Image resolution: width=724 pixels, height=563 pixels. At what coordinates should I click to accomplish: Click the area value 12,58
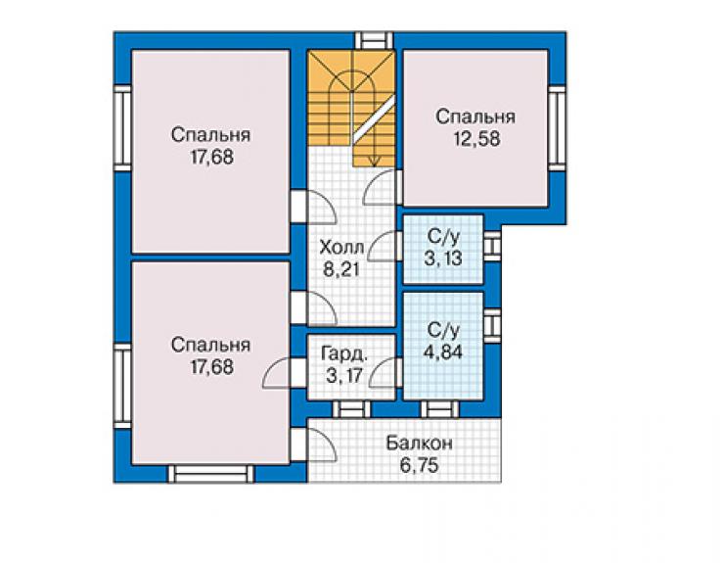(476, 139)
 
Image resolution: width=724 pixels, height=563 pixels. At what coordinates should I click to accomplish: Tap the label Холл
(341, 248)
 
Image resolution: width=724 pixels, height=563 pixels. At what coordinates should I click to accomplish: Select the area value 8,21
(341, 269)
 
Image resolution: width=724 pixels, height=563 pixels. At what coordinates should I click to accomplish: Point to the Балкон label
(420, 444)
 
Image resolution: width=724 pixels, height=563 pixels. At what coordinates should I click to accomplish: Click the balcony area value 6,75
(420, 465)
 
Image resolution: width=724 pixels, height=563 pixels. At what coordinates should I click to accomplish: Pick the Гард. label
(344, 353)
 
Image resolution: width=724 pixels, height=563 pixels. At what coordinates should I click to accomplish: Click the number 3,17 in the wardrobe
(343, 375)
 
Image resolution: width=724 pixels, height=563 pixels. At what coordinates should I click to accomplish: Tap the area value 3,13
(443, 258)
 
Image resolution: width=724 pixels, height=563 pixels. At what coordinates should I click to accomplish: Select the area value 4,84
(443, 352)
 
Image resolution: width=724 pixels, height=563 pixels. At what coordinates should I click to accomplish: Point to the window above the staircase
(374, 40)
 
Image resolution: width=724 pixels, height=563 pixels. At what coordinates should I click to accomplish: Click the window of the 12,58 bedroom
(558, 127)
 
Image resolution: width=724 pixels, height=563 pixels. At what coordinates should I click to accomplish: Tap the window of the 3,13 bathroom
(492, 244)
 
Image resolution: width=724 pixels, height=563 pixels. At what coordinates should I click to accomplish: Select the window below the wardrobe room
(352, 409)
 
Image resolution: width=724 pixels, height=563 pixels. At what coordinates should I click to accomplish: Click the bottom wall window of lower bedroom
(211, 474)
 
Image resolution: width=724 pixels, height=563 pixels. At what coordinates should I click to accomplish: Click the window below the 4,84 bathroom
(440, 409)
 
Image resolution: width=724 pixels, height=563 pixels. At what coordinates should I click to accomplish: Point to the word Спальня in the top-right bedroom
(475, 117)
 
